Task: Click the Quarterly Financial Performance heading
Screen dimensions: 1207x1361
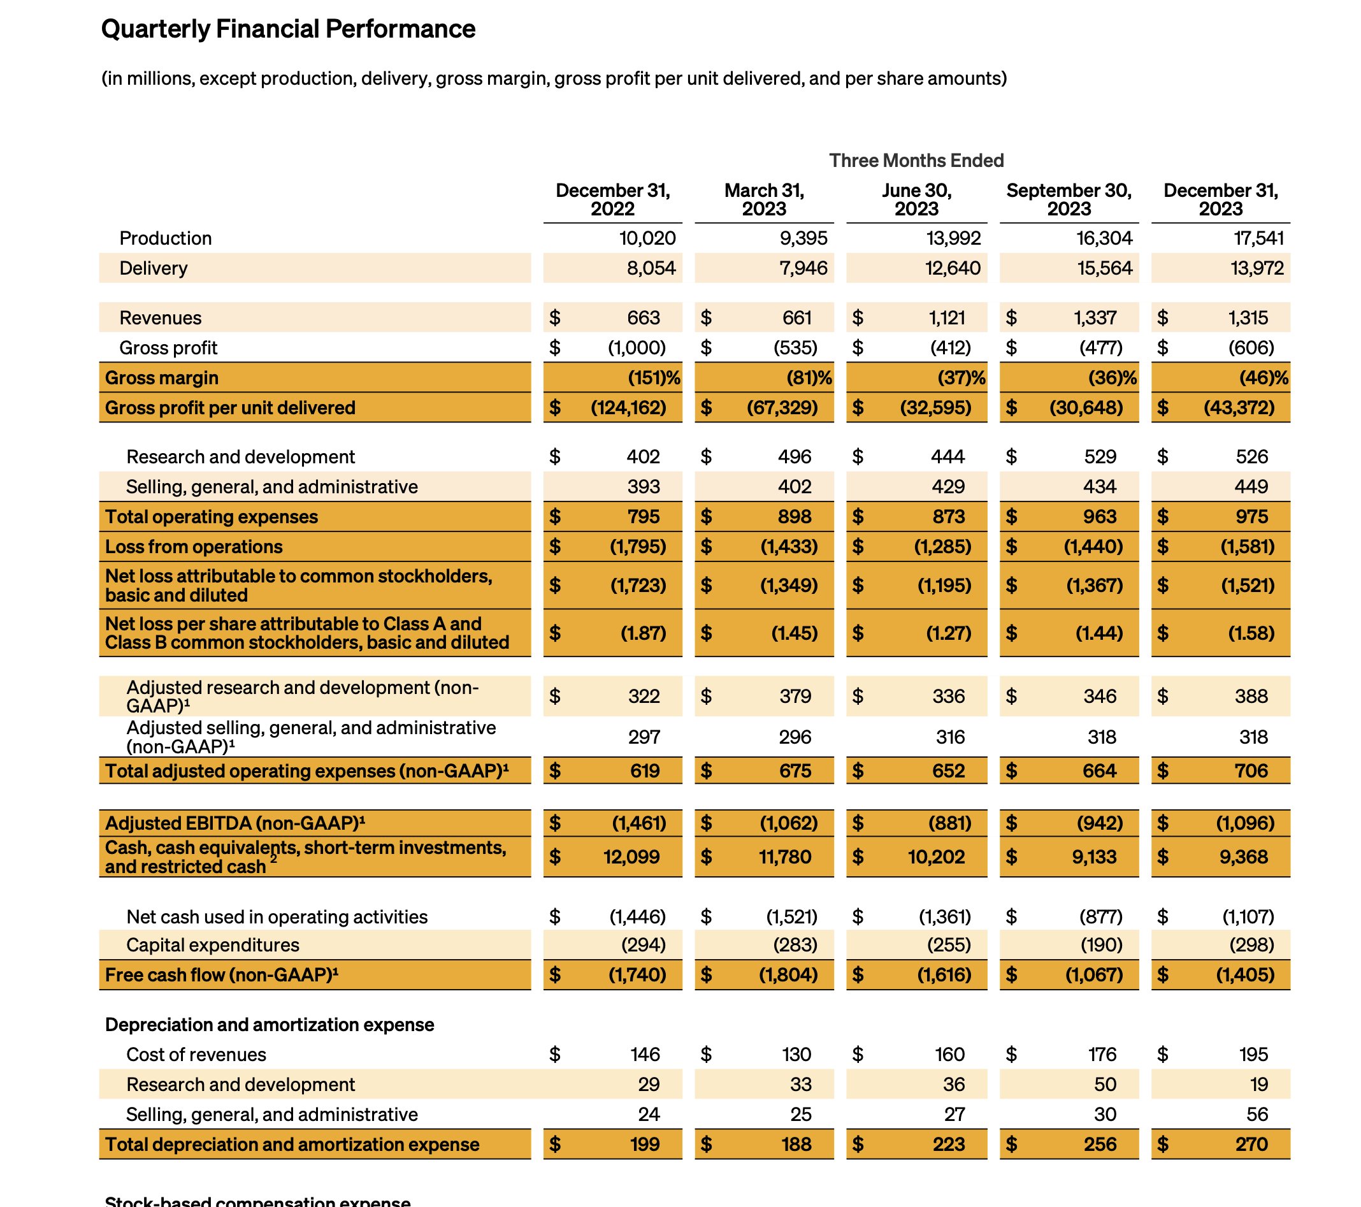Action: tap(287, 29)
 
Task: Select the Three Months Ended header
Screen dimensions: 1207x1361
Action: tap(916, 161)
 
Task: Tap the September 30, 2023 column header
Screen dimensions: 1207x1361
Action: tap(1068, 199)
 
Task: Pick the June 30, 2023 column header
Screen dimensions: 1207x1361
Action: tap(916, 199)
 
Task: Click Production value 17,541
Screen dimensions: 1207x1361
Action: tap(1258, 238)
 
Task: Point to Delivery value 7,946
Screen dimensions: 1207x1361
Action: tap(803, 268)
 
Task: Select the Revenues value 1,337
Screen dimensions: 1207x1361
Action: tap(1095, 318)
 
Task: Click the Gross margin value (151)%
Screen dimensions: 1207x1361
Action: tap(653, 378)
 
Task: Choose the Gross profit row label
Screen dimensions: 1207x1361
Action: tap(168, 348)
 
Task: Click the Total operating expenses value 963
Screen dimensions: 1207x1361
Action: tap(1099, 516)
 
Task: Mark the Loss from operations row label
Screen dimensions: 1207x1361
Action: tap(194, 547)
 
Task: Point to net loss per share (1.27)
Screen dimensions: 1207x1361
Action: tap(948, 633)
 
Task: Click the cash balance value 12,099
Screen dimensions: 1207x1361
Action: tap(631, 856)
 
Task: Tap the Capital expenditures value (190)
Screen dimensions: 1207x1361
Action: tap(1100, 944)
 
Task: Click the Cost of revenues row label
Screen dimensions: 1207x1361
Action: tap(196, 1055)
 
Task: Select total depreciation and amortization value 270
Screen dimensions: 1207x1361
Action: tap(1251, 1145)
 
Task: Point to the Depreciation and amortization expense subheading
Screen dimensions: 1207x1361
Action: tap(269, 1025)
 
